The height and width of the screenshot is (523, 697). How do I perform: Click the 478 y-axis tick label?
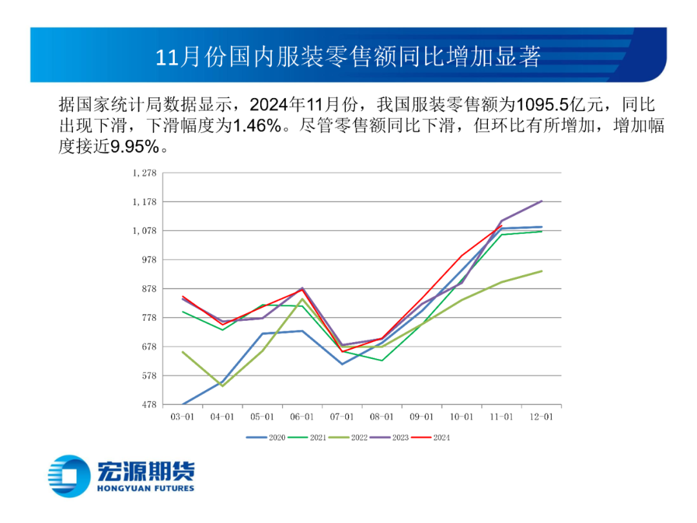coord(149,405)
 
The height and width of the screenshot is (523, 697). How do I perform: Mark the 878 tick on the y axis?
coord(149,289)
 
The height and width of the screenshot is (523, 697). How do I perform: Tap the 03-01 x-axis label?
coord(182,417)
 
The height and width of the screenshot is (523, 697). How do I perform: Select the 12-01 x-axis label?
coord(541,417)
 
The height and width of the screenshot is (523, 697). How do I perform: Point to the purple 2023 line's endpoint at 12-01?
coord(541,201)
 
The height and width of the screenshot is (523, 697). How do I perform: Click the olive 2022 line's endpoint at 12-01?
coord(541,271)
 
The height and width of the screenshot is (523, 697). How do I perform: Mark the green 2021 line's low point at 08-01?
coord(382,360)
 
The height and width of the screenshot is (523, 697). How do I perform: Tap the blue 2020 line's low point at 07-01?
coord(342,364)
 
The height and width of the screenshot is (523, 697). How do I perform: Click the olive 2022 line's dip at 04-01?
coord(223,386)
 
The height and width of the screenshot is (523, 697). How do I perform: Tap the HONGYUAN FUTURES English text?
coord(145,488)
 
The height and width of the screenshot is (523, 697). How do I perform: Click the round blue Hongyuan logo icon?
coord(70,476)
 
